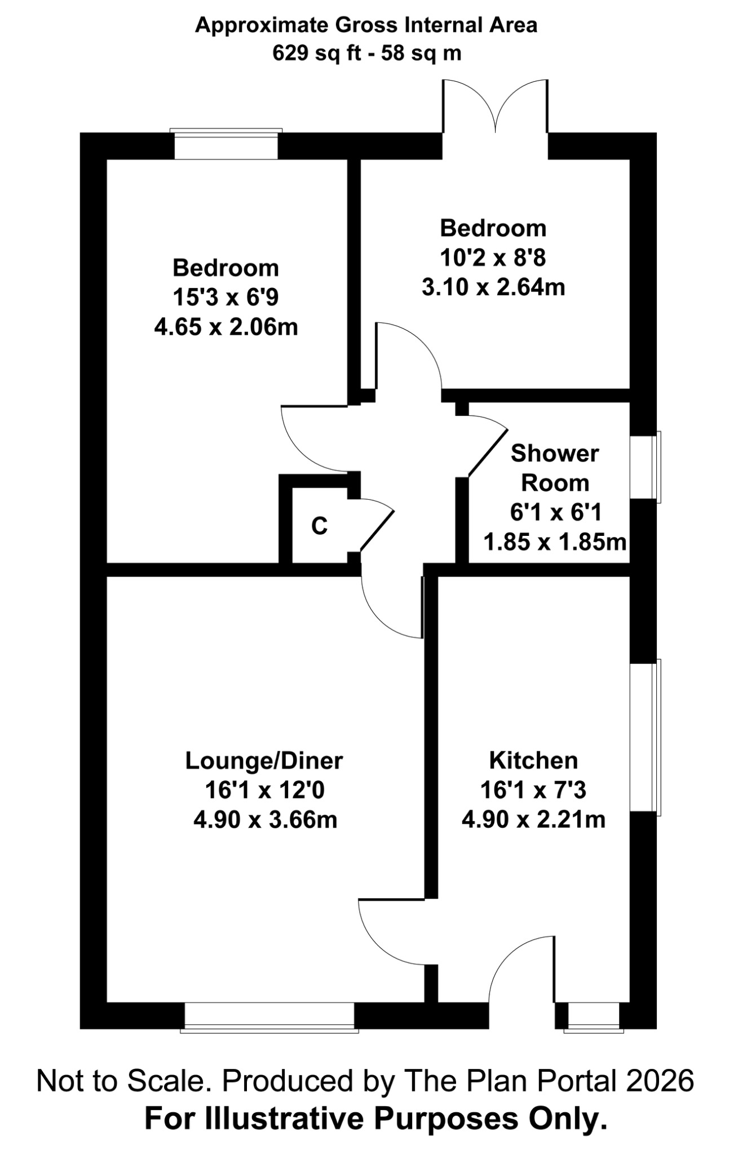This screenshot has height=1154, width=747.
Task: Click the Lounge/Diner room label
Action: (264, 761)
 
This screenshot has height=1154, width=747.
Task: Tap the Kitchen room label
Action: (533, 760)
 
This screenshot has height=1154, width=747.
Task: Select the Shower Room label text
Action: (555, 468)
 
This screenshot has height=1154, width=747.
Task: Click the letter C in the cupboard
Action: (319, 526)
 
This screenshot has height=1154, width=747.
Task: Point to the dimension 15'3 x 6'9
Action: (226, 297)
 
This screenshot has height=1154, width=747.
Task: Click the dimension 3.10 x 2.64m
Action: (493, 287)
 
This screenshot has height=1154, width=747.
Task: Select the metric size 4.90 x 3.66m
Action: (265, 820)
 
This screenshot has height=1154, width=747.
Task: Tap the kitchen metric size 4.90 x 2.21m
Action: (533, 819)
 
